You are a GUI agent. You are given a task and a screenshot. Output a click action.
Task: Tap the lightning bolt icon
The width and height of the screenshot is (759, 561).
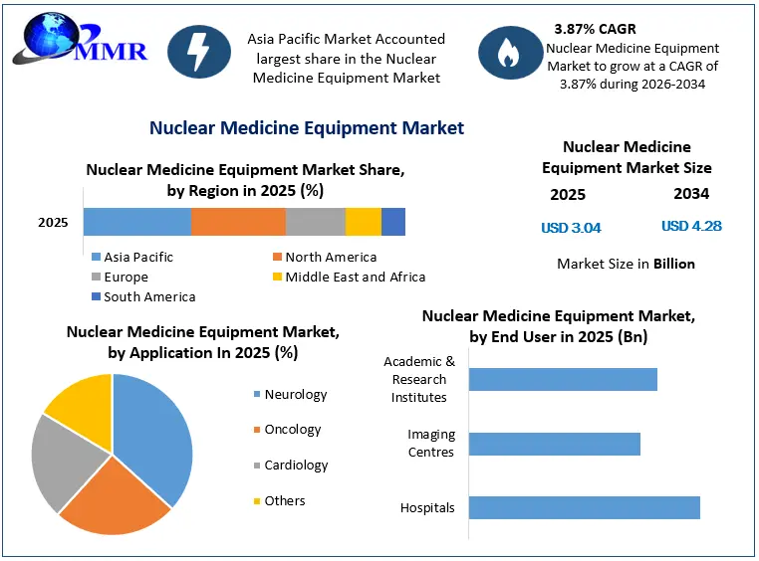point(199,52)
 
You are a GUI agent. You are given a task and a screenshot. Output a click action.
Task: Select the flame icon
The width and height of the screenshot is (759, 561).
point(510,53)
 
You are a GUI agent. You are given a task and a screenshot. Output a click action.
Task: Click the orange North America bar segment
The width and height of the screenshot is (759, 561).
point(239,222)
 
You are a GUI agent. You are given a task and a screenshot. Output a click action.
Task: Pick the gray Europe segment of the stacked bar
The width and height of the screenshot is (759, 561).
point(316,222)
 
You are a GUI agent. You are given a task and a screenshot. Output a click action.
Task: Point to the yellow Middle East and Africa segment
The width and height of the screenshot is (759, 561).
point(364,222)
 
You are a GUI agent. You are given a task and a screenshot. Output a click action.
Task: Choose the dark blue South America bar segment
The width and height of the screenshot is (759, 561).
point(393,222)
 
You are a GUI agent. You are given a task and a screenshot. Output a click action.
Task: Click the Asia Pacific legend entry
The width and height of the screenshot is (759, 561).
point(132,257)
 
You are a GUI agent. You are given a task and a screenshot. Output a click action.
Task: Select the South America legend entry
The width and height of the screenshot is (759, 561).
point(143,296)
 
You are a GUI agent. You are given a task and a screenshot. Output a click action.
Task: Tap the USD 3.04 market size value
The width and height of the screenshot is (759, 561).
point(571,228)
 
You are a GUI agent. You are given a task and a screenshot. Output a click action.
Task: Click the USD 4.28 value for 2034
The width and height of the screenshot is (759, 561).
point(691,226)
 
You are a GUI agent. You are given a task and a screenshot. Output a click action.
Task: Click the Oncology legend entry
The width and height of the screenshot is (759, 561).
point(288,429)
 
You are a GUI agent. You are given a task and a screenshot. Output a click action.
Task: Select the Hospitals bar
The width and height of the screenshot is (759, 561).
point(585,508)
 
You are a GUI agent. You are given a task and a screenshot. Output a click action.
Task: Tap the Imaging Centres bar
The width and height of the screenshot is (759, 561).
point(554,444)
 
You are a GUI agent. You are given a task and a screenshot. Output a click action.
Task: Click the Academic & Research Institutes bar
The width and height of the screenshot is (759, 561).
point(563,379)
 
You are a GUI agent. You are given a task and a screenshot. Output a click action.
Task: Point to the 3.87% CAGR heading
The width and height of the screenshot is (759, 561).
point(595,29)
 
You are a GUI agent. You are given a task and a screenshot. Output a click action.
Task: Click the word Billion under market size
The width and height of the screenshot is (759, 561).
point(674,264)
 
